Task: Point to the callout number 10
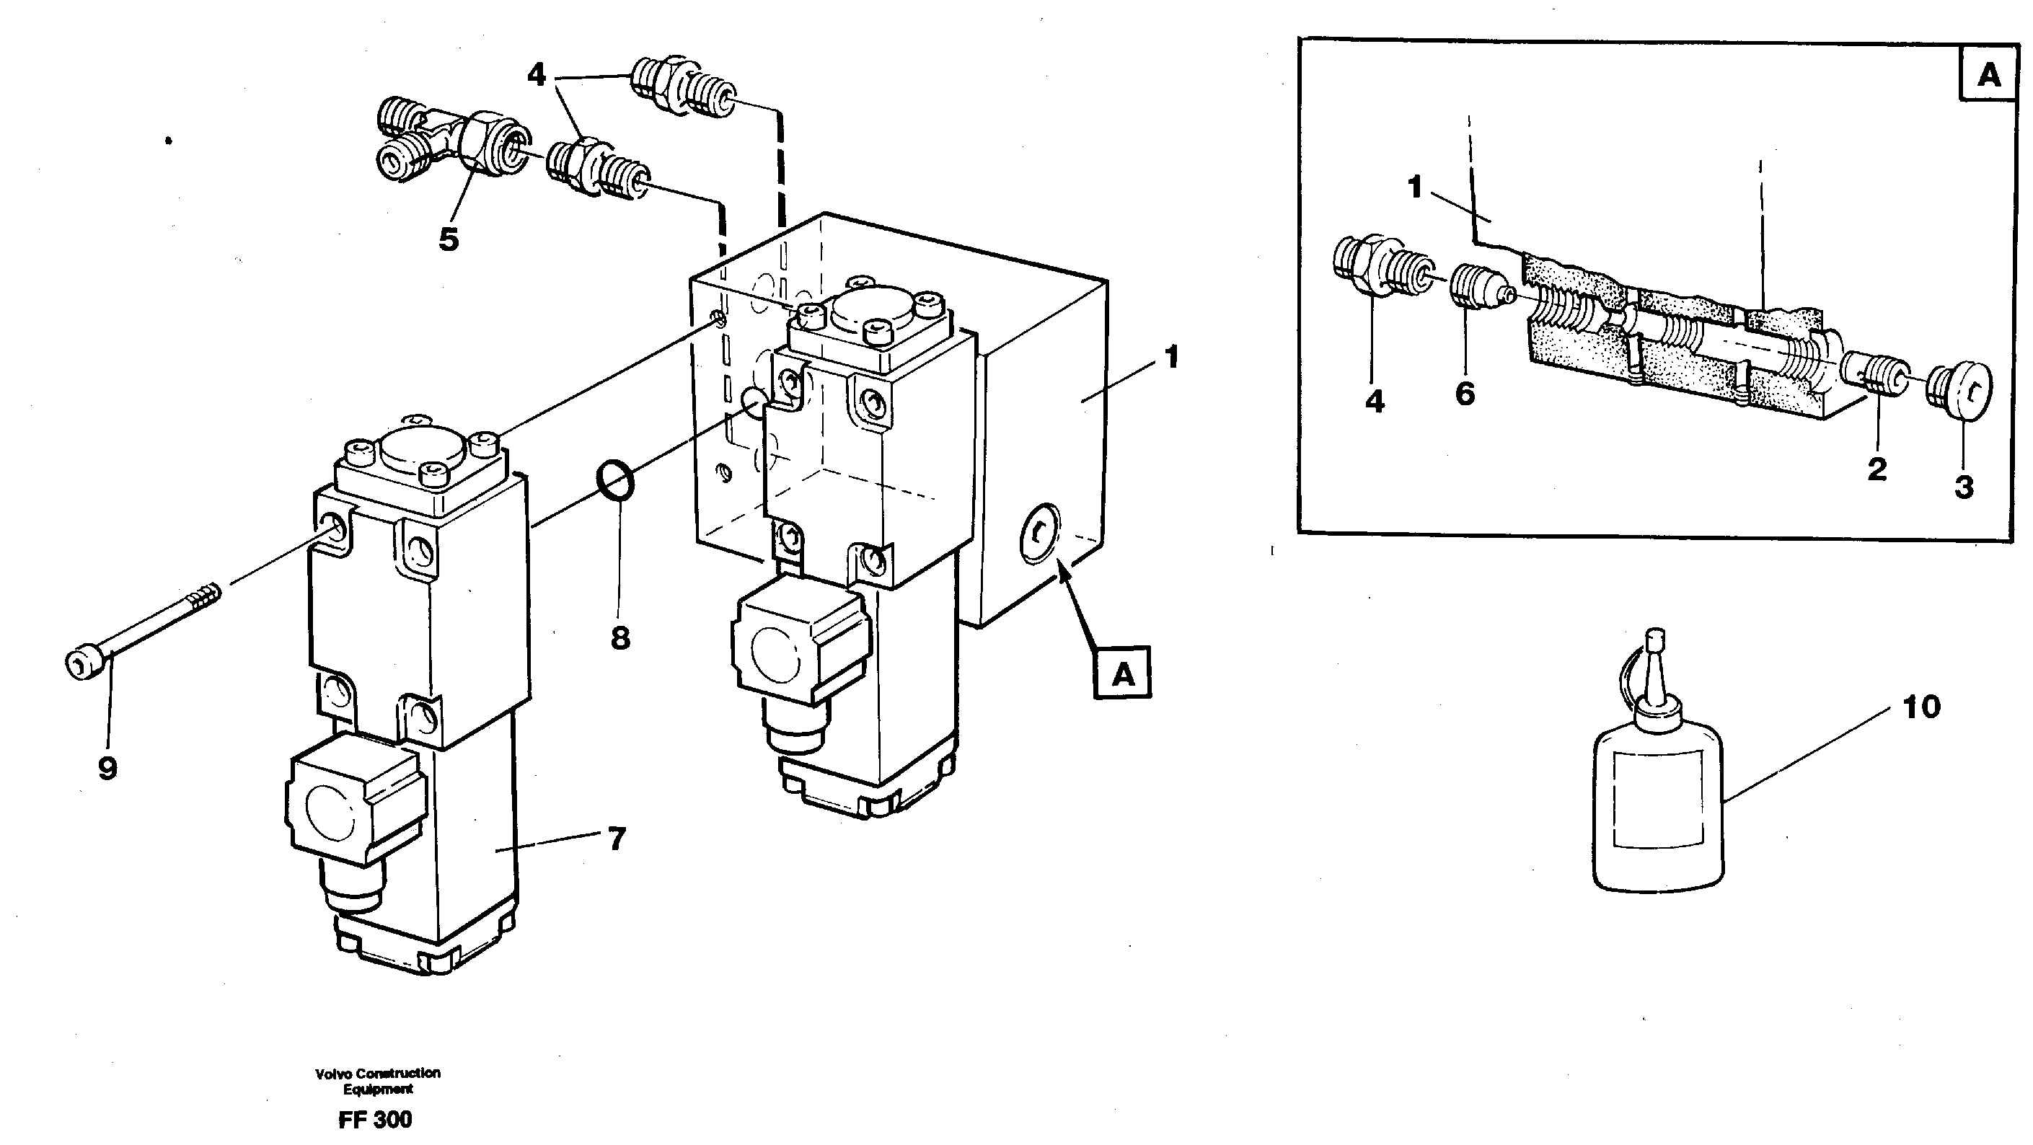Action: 1921,707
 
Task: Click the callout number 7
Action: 617,838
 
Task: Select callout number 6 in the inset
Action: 1465,393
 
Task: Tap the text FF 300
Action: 375,1120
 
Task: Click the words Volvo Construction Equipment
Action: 377,1081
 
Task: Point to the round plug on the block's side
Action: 1040,534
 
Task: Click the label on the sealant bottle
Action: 1656,799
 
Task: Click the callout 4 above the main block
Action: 536,76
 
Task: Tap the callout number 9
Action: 107,768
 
